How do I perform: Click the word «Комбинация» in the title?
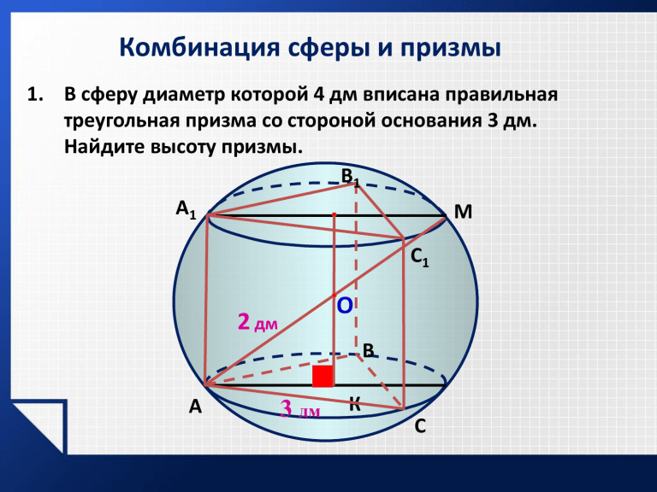coord(199,47)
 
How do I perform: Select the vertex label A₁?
coord(186,209)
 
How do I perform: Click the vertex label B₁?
coord(350,178)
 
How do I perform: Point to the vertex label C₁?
coord(420,257)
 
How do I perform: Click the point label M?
coord(463,212)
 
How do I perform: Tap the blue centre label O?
coord(345,307)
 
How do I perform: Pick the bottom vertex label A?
coord(195,407)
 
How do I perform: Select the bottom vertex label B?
coord(369,350)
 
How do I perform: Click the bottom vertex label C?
coord(420,426)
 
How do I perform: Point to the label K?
coord(355,405)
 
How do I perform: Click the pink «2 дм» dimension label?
coord(257,323)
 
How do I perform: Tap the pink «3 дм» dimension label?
coord(300,409)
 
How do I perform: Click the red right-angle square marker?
coord(323,376)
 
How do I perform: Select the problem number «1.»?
coord(35,95)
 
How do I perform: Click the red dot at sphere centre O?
coord(334,296)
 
